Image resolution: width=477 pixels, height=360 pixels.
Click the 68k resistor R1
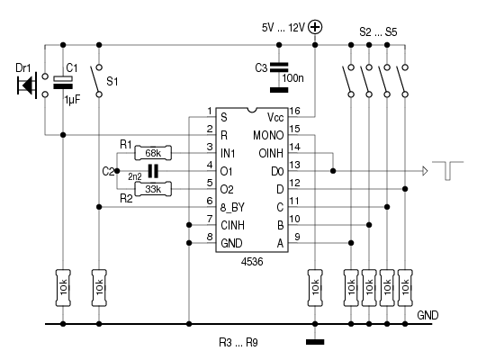[x=153, y=153]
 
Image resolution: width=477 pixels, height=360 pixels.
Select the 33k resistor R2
[x=153, y=189]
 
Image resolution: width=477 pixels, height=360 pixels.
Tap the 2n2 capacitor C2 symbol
[x=153, y=171]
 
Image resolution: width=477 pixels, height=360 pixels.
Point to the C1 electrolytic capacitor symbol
[x=63, y=82]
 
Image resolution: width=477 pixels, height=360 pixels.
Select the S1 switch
[x=96, y=81]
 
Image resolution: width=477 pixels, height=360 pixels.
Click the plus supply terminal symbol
[x=315, y=27]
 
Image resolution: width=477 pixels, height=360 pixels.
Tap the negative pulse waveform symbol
[x=448, y=170]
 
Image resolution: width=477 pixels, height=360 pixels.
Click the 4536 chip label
[x=252, y=261]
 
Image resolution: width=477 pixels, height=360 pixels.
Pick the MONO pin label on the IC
[x=268, y=135]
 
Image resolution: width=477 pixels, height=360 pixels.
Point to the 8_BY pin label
[x=232, y=208]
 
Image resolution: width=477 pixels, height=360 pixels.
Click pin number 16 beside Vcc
[x=295, y=111]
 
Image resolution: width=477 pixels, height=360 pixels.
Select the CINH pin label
[x=233, y=226]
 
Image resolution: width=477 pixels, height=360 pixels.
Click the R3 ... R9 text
[x=238, y=343]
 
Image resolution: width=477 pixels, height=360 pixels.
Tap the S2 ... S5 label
[x=378, y=32]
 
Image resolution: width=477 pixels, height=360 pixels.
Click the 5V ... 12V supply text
[x=283, y=28]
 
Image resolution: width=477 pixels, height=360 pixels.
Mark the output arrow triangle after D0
[x=425, y=171]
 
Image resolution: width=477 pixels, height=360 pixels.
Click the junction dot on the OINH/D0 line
[x=333, y=171]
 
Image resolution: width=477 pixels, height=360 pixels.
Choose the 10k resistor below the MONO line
[x=315, y=288]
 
